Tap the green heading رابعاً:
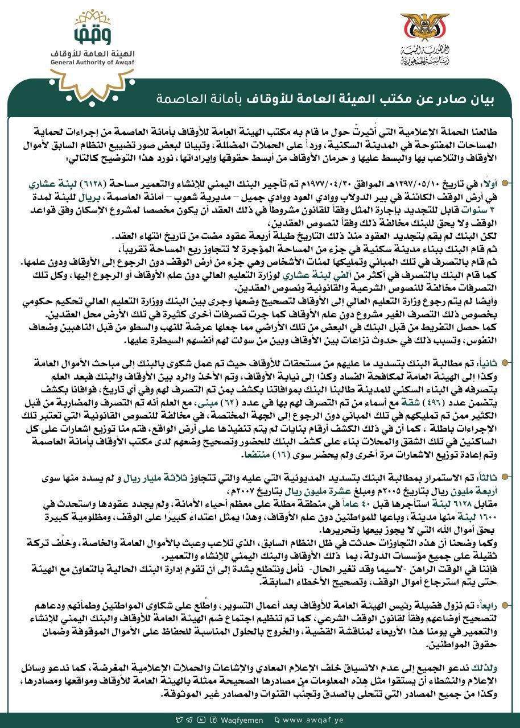(x=496, y=591)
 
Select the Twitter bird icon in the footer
(x=180, y=719)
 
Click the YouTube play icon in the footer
(x=200, y=719)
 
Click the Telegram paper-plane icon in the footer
(x=190, y=719)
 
